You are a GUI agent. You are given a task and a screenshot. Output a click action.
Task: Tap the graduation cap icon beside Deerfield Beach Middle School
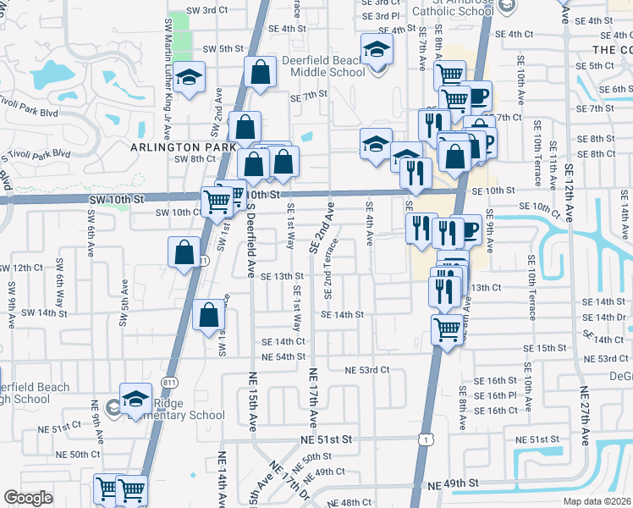point(377,50)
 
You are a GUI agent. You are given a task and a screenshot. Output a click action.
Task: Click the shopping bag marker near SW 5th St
point(260,73)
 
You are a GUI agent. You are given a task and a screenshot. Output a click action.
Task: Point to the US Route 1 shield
point(425,437)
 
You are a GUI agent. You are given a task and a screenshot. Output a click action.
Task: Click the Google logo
point(28,498)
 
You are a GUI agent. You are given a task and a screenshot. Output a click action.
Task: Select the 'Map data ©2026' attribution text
point(597,501)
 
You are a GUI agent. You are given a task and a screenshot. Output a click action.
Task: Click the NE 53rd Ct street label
point(367,370)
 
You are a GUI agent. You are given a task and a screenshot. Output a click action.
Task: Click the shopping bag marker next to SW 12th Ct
point(184,252)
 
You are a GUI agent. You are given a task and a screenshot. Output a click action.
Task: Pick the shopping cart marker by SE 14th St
point(447,329)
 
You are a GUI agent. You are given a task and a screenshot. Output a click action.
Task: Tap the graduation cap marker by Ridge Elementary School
point(135,399)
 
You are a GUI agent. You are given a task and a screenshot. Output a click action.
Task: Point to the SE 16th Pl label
point(502,395)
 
